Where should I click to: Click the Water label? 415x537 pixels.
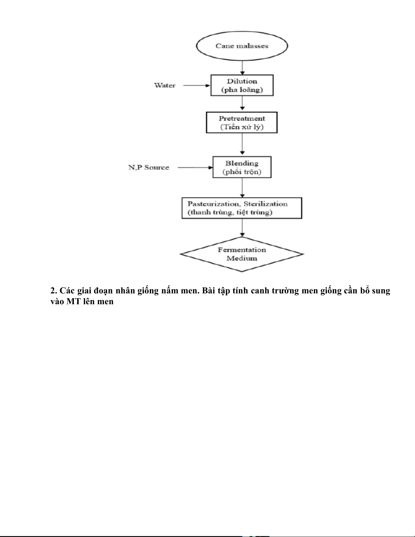coord(165,85)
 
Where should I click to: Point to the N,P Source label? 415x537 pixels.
coord(149,167)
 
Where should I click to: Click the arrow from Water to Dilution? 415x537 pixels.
coord(196,85)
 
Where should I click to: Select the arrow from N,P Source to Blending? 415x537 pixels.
coord(195,168)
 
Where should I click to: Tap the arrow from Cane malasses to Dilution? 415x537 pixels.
coord(242,68)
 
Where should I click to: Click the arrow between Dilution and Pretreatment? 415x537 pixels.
coord(242,103)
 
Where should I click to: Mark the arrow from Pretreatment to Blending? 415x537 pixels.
coord(242,144)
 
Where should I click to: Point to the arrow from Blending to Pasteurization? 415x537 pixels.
coord(242,188)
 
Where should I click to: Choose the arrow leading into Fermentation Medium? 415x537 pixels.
coord(242,228)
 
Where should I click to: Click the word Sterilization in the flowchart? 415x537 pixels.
coord(266,204)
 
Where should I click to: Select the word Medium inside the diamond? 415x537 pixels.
coord(242,258)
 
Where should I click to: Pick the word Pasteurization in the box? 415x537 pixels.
coord(213,204)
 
